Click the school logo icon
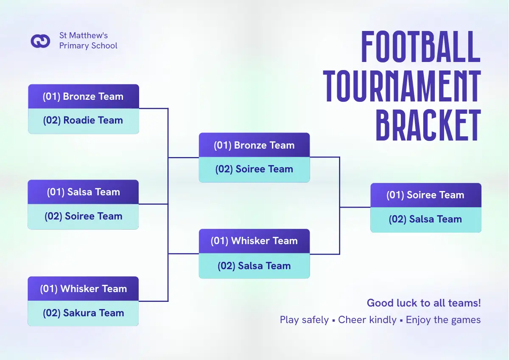click(40, 41)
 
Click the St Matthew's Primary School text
click(88, 40)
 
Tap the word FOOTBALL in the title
click(421, 47)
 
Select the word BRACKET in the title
click(428, 125)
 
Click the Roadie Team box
click(84, 121)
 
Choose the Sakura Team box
click(83, 313)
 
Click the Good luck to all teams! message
click(424, 303)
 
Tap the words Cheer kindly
click(367, 320)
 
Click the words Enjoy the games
click(443, 320)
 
